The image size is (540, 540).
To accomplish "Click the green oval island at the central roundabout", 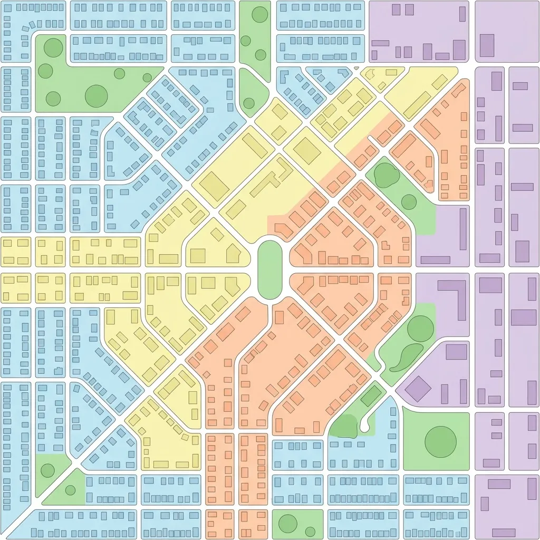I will tap(270, 269).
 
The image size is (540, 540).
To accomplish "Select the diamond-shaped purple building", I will tap(418, 389).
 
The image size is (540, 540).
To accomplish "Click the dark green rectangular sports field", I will tap(371, 396).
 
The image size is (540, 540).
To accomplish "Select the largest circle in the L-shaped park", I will tap(96, 95).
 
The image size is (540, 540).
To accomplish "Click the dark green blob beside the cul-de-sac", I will tap(344, 426).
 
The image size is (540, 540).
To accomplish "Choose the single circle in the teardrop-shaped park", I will tap(249, 103).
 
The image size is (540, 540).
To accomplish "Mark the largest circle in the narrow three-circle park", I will tap(259, 14).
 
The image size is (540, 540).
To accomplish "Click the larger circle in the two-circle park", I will tap(287, 524).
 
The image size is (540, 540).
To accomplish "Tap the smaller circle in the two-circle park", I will tap(310, 531).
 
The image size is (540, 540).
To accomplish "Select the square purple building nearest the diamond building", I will tap(456, 352).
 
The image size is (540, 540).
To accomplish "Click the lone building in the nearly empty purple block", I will tap(487, 45).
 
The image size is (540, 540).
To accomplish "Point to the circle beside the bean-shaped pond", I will tap(420, 329).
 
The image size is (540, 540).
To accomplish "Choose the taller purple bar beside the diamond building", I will tap(463, 391).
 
